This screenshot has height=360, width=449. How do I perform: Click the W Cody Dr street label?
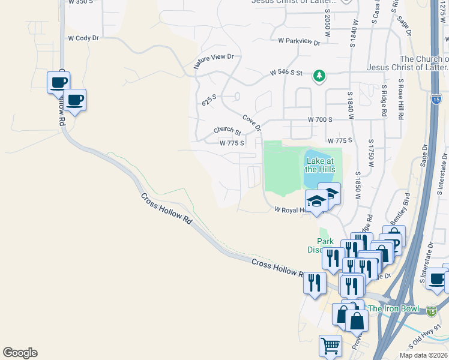pyautogui.click(x=83, y=38)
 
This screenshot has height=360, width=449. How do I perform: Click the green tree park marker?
pyautogui.click(x=320, y=76)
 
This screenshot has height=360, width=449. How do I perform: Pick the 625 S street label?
pyautogui.click(x=209, y=100)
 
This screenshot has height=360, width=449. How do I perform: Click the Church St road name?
pyautogui.click(x=227, y=131)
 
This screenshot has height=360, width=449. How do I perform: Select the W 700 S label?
pyautogui.click(x=320, y=120)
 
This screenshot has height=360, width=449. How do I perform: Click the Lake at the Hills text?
pyautogui.click(x=320, y=165)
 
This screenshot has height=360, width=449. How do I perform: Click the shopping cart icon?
pyautogui.click(x=330, y=346)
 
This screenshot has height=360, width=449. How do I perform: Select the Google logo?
pyautogui.click(x=20, y=353)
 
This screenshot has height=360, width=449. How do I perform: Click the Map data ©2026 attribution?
pyautogui.click(x=423, y=355)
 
